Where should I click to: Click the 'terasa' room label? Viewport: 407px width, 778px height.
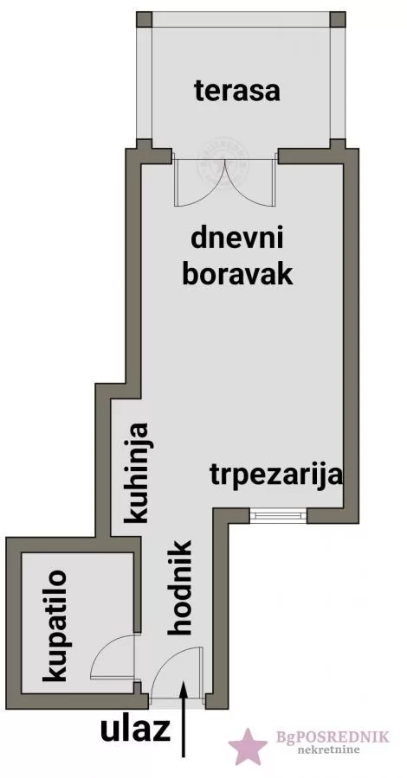[x=237, y=91]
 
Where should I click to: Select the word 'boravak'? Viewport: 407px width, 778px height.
[x=238, y=274]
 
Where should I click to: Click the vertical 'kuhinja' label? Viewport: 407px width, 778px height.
[x=138, y=472]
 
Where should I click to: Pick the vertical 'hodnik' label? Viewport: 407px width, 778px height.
[x=182, y=588]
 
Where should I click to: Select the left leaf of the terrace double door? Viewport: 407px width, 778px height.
[x=200, y=182]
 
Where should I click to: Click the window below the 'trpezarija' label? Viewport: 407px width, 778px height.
[x=277, y=516]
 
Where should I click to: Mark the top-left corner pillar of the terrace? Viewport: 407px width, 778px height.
[x=144, y=19]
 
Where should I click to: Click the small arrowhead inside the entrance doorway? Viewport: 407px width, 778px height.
[x=183, y=688]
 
